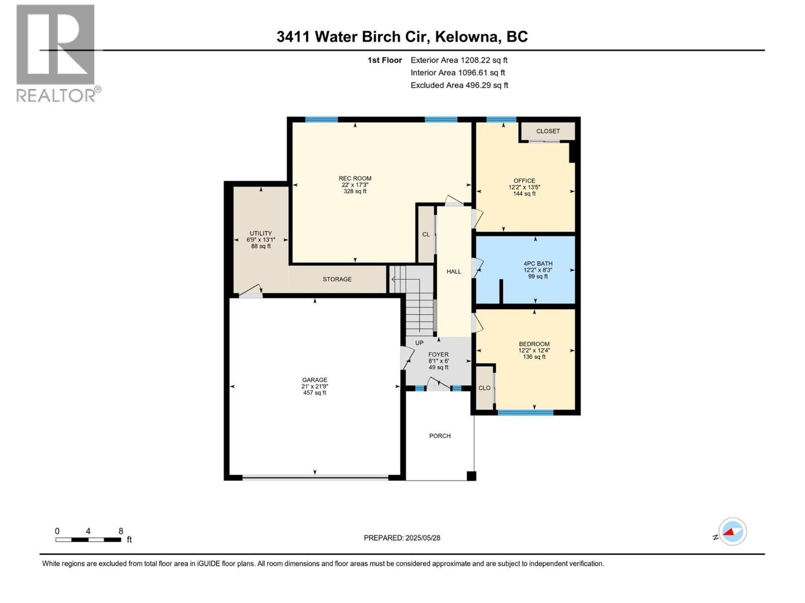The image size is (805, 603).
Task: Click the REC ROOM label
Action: pos(355,178)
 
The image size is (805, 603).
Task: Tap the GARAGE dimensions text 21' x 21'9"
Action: pos(314,386)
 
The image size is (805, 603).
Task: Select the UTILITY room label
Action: pos(261,233)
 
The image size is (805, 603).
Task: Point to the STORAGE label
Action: pos(337,279)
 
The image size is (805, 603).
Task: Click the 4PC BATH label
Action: pos(538,263)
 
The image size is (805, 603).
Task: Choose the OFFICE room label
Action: pos(524,181)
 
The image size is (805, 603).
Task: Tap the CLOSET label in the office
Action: pos(548,131)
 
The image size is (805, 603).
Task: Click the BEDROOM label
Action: pos(534,344)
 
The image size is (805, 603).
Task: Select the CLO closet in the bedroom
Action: pos(484,388)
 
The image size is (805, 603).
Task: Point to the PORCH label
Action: pos(440,436)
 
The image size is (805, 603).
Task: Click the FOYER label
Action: pos(438,354)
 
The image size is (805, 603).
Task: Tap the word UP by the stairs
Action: pos(419,343)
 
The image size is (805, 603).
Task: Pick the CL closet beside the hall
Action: pos(426,235)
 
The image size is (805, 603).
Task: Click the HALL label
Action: pos(453,271)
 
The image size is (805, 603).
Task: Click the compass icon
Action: pos(732,532)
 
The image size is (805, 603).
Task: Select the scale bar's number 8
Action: pos(121,531)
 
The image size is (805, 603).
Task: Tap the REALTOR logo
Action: pos(56,53)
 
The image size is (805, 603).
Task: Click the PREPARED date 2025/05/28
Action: pos(423,538)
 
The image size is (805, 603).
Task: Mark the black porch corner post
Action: pos(471,476)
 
